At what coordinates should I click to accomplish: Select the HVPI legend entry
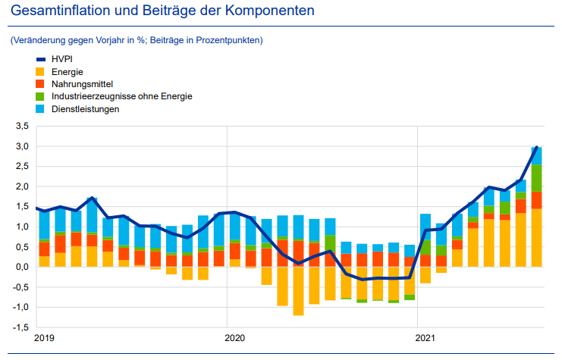click(x=61, y=58)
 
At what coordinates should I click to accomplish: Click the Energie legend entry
click(x=68, y=70)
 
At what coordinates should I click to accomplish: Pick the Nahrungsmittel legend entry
click(x=82, y=83)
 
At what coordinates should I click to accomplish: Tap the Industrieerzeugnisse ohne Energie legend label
click(x=121, y=96)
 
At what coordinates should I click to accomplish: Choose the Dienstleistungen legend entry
click(x=86, y=109)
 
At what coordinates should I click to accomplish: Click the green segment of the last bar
click(x=536, y=178)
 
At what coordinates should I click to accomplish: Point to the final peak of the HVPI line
click(x=536, y=147)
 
